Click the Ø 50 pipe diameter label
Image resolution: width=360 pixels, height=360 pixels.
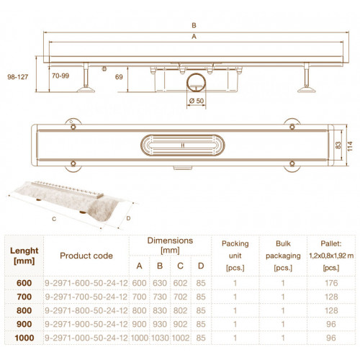[x=197, y=101]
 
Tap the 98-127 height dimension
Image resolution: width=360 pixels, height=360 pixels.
[x=18, y=77]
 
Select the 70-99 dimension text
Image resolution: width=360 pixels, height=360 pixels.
[x=60, y=76]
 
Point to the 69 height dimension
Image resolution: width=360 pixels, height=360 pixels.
[x=119, y=77]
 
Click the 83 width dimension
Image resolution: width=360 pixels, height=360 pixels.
[x=338, y=145]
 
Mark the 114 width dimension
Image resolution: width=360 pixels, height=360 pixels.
[x=350, y=146]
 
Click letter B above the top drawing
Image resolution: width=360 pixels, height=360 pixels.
[x=194, y=25]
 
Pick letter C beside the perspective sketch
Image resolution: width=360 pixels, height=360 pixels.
[x=54, y=219]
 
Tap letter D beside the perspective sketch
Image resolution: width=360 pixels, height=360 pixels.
[x=128, y=218]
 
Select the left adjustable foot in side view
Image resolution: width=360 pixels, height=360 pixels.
[x=86, y=78]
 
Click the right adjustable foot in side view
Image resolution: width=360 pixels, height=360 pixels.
[x=307, y=78]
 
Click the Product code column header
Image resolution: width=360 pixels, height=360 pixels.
[x=86, y=256]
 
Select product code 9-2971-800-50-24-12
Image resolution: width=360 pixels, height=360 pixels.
[x=86, y=310]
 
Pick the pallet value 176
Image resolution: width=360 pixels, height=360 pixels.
[x=331, y=283]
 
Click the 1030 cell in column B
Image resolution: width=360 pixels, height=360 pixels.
[x=160, y=338]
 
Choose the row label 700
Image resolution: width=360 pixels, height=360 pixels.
[x=24, y=297]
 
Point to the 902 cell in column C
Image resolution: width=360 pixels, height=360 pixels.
[x=180, y=324]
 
